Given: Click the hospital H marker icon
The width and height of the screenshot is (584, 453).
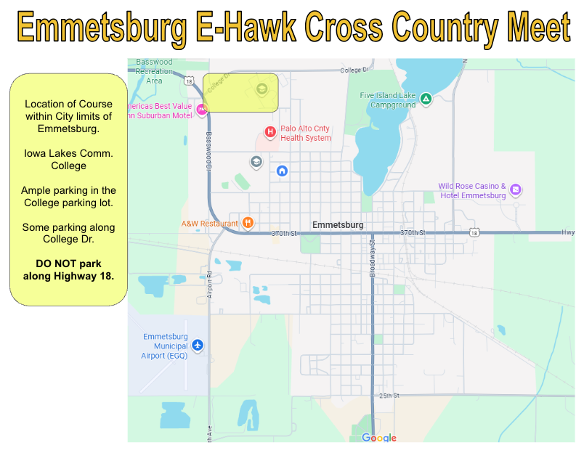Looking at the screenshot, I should pos(269,131).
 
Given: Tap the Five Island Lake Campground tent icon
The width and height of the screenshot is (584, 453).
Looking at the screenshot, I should pos(426,99).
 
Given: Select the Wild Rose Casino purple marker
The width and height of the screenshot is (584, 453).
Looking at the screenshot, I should pos(516,190).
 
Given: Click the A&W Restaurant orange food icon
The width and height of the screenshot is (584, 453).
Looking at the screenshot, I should pos(248,223).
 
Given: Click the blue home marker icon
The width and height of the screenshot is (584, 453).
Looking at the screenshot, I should pos(283,171).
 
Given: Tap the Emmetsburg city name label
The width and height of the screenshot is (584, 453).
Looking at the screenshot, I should pos(338,224).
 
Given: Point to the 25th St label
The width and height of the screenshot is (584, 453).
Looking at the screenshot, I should pos(389,396).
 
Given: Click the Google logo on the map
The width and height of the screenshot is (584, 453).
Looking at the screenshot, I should pos(379,438).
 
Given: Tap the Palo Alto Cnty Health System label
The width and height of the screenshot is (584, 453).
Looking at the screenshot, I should pos(306,133).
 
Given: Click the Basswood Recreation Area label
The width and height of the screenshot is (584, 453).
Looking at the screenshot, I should pos(155,71).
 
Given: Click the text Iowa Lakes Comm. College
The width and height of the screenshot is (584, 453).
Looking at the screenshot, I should pos(69,159).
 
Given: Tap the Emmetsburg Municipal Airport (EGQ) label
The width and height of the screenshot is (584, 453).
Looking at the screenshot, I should pos(165,346).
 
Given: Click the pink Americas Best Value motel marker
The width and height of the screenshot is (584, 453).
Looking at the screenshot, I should pos(201,110).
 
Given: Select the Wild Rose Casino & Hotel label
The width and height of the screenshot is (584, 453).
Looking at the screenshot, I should pos(472,191).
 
